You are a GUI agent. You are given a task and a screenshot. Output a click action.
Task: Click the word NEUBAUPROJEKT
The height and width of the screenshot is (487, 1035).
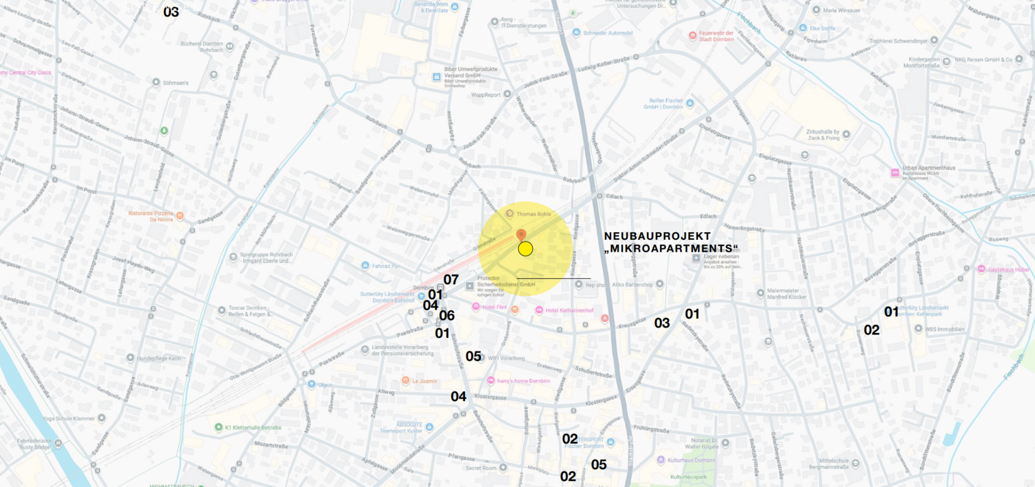click(x=657, y=236)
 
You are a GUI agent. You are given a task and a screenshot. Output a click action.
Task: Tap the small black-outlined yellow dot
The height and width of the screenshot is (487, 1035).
click(x=525, y=249)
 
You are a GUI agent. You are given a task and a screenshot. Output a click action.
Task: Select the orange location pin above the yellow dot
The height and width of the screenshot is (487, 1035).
click(x=521, y=235)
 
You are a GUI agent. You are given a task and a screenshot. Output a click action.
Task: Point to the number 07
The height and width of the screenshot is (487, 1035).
click(x=451, y=279)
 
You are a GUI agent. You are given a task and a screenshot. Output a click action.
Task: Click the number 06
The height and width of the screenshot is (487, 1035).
click(x=447, y=315)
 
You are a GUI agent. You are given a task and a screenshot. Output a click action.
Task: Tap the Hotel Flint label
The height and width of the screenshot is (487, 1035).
click(x=494, y=307)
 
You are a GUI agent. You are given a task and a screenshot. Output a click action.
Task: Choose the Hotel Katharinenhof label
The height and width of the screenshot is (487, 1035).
click(x=569, y=310)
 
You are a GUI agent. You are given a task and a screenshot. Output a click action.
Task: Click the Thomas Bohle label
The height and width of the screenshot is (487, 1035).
click(x=533, y=214)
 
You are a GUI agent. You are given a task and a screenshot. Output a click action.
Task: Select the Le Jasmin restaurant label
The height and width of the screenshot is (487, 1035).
click(x=424, y=381)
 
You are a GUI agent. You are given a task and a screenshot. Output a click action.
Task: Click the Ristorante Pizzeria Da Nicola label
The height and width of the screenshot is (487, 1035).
click(x=151, y=216)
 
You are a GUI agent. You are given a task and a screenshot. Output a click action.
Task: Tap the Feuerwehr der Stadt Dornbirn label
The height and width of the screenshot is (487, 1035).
click(x=716, y=36)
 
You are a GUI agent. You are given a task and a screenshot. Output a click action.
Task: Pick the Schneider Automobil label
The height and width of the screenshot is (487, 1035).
click(x=607, y=33)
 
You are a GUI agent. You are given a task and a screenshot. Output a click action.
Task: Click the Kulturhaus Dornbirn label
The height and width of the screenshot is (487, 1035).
click(x=691, y=460)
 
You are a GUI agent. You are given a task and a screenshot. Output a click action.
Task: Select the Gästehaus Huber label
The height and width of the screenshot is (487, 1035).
click(x=1008, y=269)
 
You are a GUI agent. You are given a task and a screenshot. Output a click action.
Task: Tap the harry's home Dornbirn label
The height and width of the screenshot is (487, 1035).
click(x=523, y=381)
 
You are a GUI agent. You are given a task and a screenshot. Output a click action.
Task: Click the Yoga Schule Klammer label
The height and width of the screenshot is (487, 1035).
click(x=69, y=418)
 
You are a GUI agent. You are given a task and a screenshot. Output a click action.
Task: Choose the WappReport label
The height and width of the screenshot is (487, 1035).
click(x=485, y=95)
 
